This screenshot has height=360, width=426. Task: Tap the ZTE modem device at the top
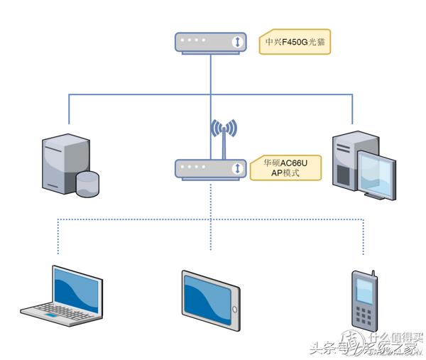[x=210, y=42]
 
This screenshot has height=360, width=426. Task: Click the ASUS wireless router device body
[x=210, y=169]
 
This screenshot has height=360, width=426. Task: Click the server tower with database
[x=64, y=162]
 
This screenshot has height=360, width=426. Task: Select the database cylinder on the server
[x=87, y=183]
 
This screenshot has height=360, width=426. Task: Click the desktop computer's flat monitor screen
[x=375, y=170]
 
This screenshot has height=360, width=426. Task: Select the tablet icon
[x=210, y=299]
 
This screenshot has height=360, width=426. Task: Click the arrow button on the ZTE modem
[x=236, y=42]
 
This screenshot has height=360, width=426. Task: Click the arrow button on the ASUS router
[x=236, y=169]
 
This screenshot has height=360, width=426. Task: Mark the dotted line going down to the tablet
[x=210, y=234]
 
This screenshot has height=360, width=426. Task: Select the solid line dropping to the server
[x=69, y=110]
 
